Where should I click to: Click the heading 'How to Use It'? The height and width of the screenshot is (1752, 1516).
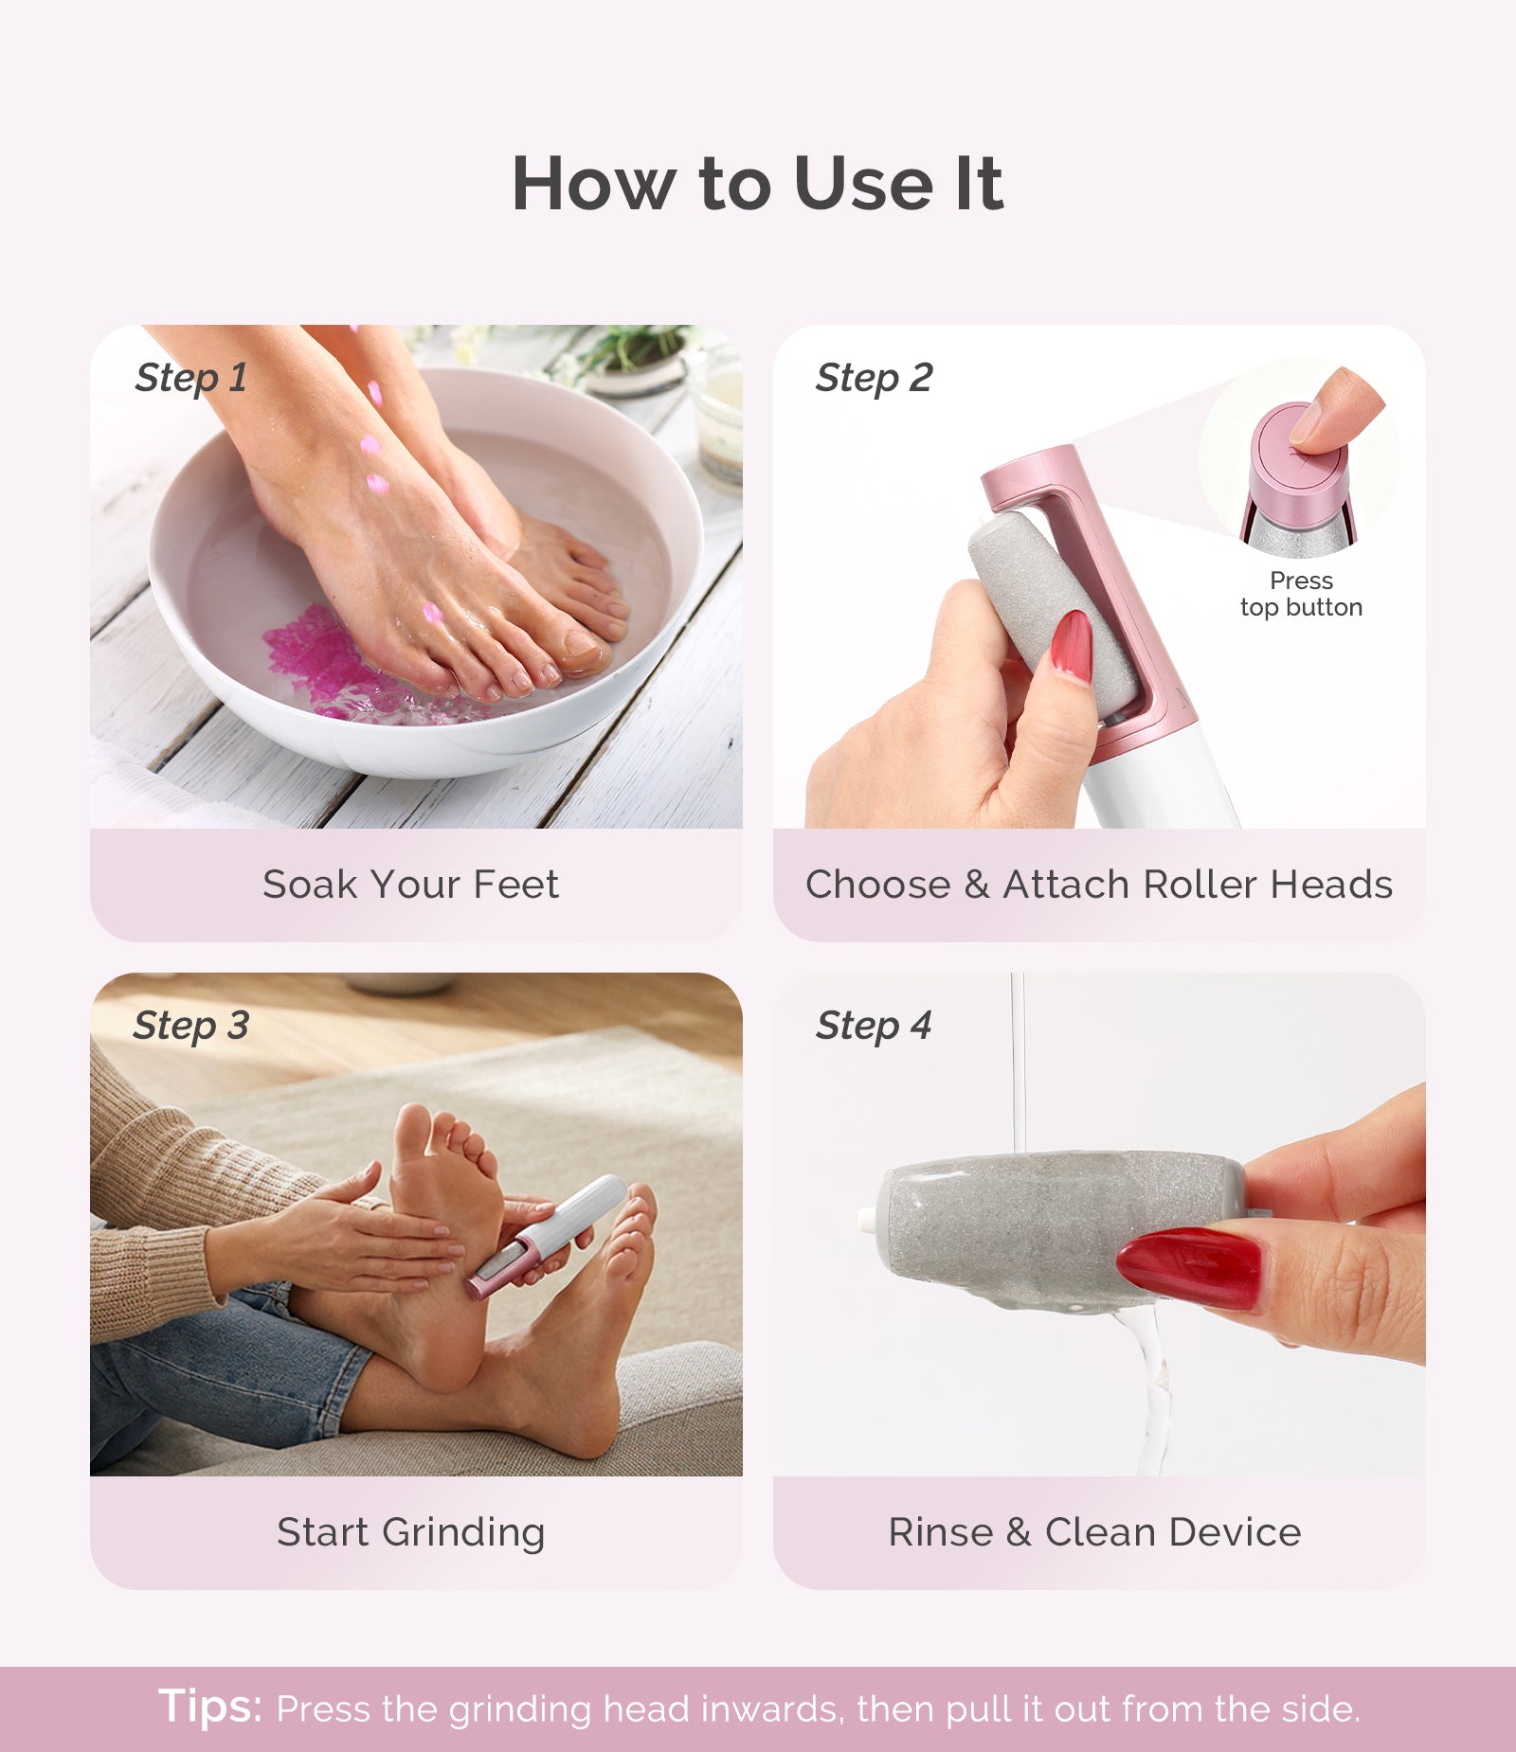tap(757, 184)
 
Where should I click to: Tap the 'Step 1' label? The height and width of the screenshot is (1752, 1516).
tap(191, 378)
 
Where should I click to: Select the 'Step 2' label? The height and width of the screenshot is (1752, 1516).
tap(874, 378)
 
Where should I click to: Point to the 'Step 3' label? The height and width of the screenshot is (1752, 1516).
tap(191, 1026)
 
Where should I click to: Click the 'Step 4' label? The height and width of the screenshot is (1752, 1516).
tap(874, 1026)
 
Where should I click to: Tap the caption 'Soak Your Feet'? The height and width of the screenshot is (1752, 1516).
tap(410, 885)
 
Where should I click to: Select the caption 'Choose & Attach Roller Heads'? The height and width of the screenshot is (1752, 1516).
tap(1098, 885)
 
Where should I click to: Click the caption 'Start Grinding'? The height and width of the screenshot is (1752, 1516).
tap(410, 1532)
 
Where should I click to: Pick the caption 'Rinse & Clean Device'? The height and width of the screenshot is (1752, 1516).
tap(1094, 1532)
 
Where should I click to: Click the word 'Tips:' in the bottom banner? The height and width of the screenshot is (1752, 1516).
tap(209, 1706)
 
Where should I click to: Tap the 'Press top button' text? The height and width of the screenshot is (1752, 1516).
tap(1301, 594)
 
